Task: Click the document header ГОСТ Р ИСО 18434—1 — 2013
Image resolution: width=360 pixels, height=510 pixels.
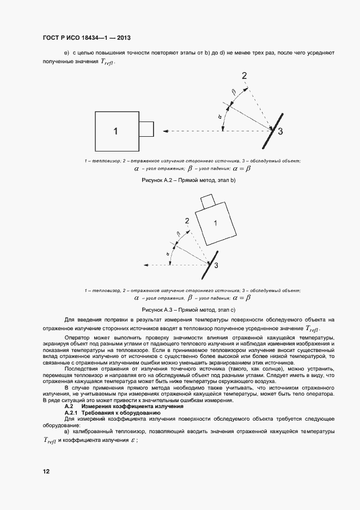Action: click(86, 38)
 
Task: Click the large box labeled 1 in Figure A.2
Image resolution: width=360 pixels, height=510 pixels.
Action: click(117, 131)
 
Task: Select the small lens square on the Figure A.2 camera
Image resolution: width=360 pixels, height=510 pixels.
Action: click(147, 129)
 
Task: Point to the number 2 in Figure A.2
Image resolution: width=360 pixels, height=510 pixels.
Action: click(245, 75)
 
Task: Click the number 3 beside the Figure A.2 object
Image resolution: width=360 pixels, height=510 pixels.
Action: click(280, 132)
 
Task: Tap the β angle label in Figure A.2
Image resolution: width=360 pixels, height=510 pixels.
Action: click(233, 92)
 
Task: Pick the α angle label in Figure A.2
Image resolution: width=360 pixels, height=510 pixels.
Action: click(218, 116)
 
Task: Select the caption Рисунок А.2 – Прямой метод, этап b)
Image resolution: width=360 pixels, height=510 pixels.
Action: click(188, 180)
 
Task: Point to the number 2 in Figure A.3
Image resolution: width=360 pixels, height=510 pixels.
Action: click(187, 220)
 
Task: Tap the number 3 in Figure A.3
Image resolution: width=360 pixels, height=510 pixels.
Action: click(216, 265)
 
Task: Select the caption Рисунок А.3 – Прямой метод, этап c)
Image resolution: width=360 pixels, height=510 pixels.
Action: click(188, 309)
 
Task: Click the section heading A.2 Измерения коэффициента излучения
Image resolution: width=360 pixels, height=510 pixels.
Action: click(124, 406)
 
